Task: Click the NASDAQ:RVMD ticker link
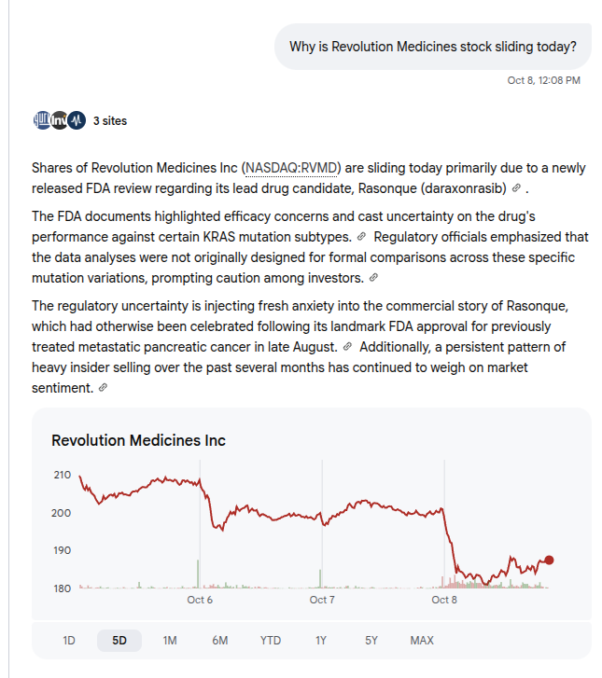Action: point(291,168)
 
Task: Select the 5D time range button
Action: point(119,641)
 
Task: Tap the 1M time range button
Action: point(170,641)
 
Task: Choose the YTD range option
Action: point(271,641)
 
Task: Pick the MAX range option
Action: point(422,641)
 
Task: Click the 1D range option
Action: point(69,641)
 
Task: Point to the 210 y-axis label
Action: point(62,475)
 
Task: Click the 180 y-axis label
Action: point(62,588)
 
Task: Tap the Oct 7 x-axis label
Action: point(322,600)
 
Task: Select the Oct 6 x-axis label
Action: point(200,600)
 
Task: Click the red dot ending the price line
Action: point(549,560)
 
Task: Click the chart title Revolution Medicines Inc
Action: point(138,440)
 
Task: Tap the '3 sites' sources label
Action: point(110,120)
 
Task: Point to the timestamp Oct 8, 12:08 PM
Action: point(543,80)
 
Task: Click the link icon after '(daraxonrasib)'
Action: point(516,188)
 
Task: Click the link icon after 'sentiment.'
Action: point(103,387)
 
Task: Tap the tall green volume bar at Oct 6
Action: point(198,574)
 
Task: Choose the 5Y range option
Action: point(371,641)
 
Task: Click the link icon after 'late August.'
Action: point(347,346)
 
